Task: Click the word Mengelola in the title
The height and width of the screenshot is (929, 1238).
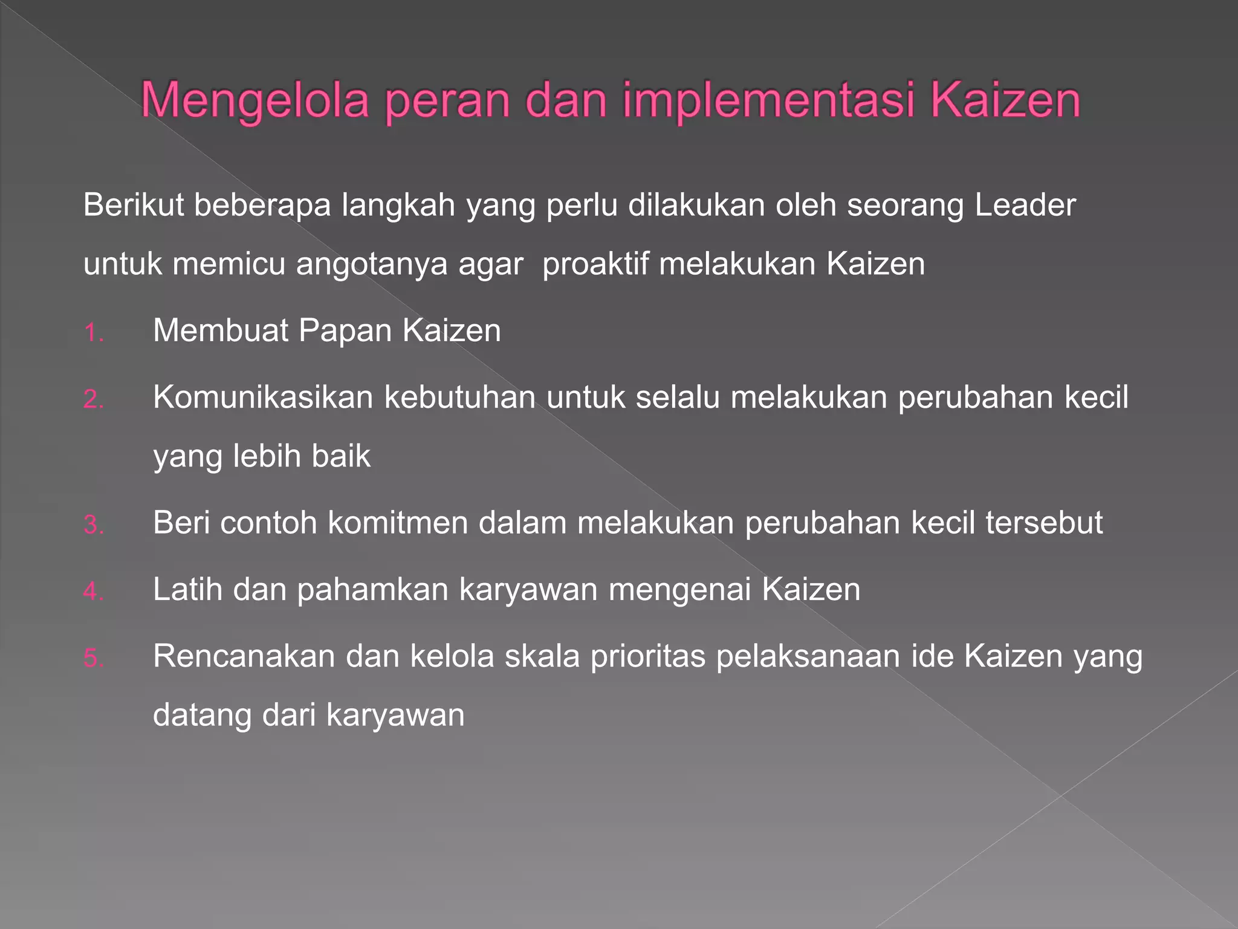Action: [254, 100]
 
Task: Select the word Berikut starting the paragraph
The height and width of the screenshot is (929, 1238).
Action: [134, 205]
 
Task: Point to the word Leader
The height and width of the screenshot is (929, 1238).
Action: [1025, 205]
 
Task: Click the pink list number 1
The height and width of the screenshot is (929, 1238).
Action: [94, 333]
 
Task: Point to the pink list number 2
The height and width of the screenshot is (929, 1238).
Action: [94, 400]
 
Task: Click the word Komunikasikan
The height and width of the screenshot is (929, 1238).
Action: [263, 398]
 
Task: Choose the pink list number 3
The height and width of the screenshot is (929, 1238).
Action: [94, 525]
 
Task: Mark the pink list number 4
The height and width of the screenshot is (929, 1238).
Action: [94, 592]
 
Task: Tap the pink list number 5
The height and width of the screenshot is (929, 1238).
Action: [94, 658]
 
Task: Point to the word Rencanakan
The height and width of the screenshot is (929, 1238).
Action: [244, 656]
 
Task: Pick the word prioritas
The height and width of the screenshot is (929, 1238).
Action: [647, 656]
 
